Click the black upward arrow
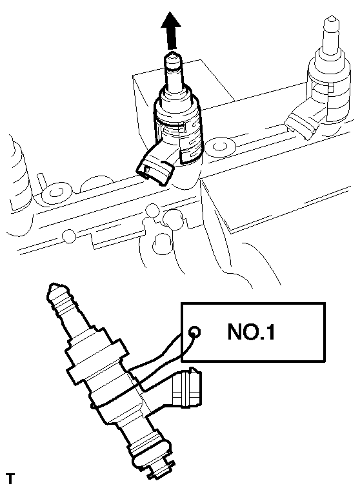[171, 30]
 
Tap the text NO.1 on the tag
[252, 332]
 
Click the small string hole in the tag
[195, 332]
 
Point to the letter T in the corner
[10, 478]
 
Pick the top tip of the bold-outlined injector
[172, 57]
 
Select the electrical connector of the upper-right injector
[304, 120]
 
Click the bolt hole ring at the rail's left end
[56, 192]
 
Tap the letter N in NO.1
[235, 332]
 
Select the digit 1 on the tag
[271, 332]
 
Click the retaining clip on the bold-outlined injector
[190, 142]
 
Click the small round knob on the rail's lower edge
[69, 235]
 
